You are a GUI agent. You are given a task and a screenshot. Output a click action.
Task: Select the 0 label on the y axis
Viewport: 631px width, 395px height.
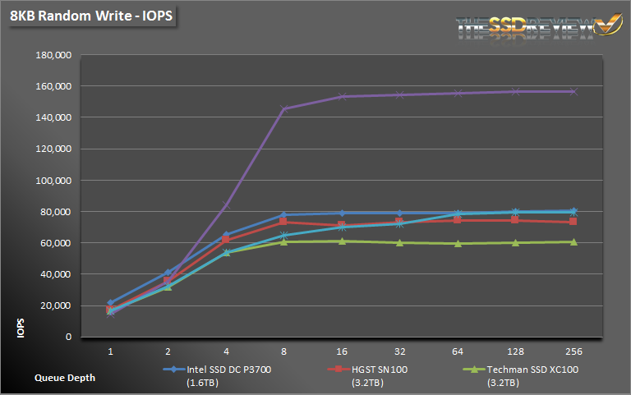point(68,337)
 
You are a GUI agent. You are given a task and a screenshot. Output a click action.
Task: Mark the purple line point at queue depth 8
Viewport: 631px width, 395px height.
point(283,108)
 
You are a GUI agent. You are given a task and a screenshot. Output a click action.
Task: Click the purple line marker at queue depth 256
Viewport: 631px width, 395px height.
point(573,91)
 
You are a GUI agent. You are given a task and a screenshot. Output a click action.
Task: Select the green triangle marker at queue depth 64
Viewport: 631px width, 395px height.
point(458,243)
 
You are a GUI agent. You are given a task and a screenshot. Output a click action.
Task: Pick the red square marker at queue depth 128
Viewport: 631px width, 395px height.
point(515,219)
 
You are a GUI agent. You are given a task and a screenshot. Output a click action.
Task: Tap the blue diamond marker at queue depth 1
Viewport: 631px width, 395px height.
point(110,303)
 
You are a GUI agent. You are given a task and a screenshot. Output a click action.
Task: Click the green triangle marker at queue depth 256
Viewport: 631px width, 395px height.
point(573,241)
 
